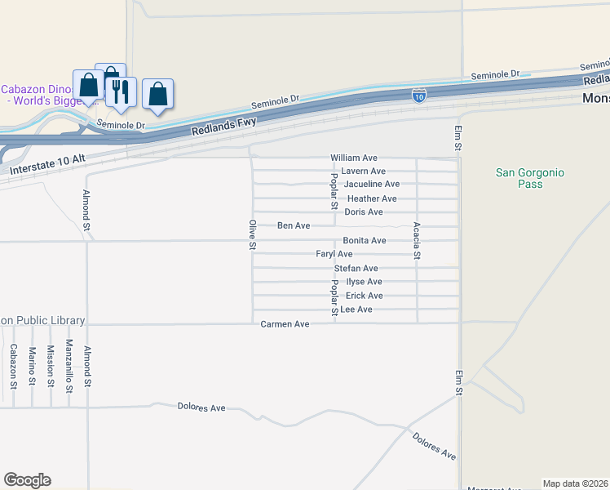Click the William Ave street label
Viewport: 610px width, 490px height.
coord(353,158)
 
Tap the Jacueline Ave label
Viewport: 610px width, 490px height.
coord(371,185)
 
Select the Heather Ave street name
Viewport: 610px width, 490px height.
coord(372,198)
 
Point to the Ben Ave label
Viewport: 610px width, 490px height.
coord(294,225)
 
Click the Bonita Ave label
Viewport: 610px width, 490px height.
coord(364,241)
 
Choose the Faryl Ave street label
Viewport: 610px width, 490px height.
coord(334,255)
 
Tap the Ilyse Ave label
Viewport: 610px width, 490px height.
coord(364,282)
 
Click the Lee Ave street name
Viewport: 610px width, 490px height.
coord(356,310)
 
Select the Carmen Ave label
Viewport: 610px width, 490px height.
coord(285,324)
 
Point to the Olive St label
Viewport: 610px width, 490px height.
coord(253,234)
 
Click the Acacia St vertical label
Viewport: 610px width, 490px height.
coord(417,240)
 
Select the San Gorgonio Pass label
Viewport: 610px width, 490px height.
coord(529,178)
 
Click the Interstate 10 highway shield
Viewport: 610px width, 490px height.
coord(418,96)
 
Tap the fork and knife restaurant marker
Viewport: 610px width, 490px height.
coord(121,91)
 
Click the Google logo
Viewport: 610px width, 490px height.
coord(27,480)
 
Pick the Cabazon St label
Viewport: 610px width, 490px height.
coord(13,365)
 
